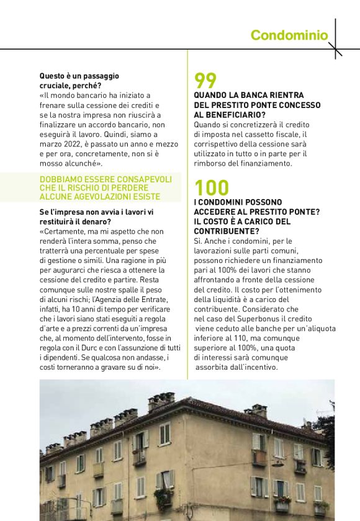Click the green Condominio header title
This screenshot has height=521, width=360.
click(289, 35)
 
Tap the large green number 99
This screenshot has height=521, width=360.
click(205, 81)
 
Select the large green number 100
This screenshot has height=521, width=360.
click(212, 187)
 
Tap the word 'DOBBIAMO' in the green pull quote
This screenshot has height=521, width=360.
click(61, 179)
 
